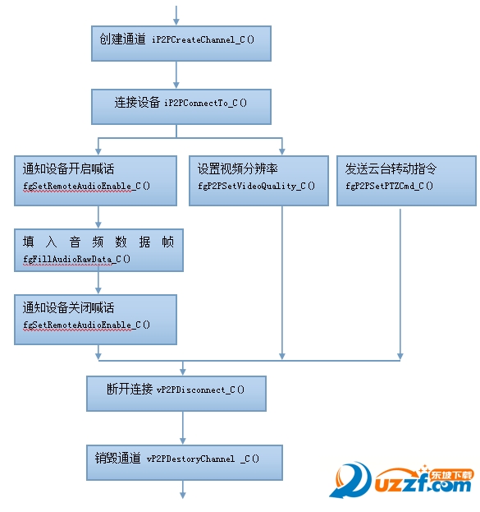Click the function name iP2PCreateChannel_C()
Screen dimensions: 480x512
coord(203,39)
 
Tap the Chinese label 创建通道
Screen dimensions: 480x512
coord(122,39)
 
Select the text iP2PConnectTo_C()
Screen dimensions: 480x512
coord(205,104)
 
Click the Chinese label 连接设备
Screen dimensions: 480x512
coord(137,103)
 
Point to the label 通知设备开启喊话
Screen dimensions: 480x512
coord(68,168)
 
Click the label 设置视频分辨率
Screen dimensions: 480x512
coord(238,168)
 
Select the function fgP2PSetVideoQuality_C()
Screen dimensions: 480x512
coord(257,186)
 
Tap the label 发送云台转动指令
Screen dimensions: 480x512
coord(391,168)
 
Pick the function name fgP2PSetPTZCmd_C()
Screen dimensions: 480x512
coord(390,186)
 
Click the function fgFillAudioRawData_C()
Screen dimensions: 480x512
coord(77,259)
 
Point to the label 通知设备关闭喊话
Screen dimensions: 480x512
coord(68,307)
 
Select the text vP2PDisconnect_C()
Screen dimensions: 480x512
coord(200,390)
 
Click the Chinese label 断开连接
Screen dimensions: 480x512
coord(130,389)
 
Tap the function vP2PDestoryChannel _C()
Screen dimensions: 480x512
coord(203,459)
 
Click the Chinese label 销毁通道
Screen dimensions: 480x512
coord(117,458)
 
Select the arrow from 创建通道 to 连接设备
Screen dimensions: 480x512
coord(176,75)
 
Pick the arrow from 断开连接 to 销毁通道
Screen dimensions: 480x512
coord(183,427)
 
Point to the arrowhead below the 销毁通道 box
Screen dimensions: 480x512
coord(183,495)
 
